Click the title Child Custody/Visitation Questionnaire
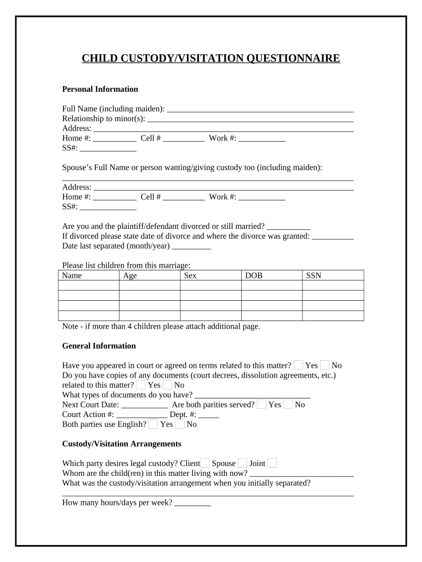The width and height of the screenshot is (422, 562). point(211,59)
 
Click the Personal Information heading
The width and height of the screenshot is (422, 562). point(100,89)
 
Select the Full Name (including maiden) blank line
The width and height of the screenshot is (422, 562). point(260,109)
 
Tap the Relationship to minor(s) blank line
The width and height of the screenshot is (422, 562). point(250,119)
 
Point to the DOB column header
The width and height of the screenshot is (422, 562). point(253,276)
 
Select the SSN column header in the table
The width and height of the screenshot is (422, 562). point(313,276)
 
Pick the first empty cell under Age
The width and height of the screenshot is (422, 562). point(149,285)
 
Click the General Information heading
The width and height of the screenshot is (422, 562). point(99,346)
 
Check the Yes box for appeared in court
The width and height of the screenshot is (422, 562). point(299,365)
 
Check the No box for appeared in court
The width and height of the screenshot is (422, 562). point(325,365)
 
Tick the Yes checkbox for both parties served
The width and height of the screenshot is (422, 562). point(262,404)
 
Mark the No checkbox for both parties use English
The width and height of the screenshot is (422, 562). point(180,424)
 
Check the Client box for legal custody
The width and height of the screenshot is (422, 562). point(205,463)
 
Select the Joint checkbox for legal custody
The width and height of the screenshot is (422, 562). point(272,463)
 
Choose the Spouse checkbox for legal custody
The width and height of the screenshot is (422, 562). point(243,463)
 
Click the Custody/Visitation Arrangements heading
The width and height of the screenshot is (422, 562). point(122,443)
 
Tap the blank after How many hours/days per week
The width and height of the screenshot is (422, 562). point(192,503)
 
